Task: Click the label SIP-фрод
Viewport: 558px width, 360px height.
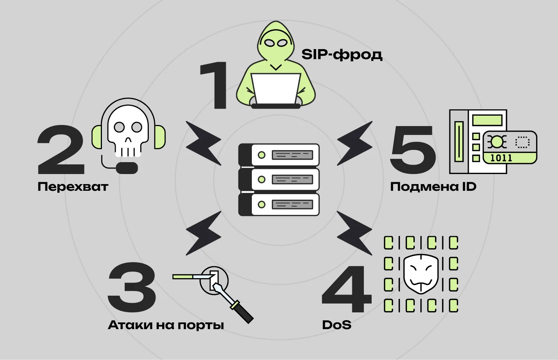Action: click(x=341, y=55)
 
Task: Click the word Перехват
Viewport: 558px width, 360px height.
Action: click(x=73, y=187)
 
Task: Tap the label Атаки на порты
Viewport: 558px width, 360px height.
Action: click(x=166, y=325)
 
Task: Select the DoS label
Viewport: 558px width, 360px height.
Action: click(x=337, y=325)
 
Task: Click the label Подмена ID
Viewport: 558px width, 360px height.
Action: click(x=433, y=187)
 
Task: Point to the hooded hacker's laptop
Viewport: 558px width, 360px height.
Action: click(x=276, y=89)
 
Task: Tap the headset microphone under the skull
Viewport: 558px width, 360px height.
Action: click(x=127, y=168)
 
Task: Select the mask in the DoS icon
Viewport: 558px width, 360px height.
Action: click(x=421, y=274)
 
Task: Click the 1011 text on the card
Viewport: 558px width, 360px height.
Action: click(x=501, y=158)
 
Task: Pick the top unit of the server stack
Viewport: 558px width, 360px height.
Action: click(x=279, y=155)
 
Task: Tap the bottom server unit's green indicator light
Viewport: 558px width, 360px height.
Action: click(x=262, y=205)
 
